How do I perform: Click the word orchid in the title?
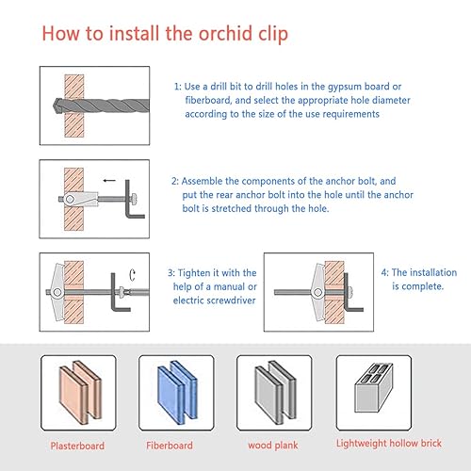click(x=225, y=33)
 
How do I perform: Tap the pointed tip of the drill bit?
click(x=54, y=105)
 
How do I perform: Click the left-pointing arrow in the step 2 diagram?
click(x=109, y=180)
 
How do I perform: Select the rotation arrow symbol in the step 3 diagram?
click(x=132, y=275)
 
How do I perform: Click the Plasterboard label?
click(x=77, y=446)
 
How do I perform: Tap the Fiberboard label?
click(x=170, y=446)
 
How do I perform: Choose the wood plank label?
click(x=273, y=446)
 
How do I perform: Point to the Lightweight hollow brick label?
click(x=389, y=444)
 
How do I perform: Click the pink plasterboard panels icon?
click(x=80, y=393)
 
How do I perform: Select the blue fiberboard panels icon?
click(x=177, y=393)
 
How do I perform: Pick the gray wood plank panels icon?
click(x=275, y=393)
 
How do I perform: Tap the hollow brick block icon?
click(x=374, y=388)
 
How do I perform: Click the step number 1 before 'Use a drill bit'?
click(x=177, y=87)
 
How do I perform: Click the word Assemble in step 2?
click(x=202, y=181)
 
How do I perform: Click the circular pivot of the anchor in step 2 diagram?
click(x=70, y=199)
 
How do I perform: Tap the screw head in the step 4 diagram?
click(x=349, y=292)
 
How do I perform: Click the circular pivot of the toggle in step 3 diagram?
click(x=57, y=292)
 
